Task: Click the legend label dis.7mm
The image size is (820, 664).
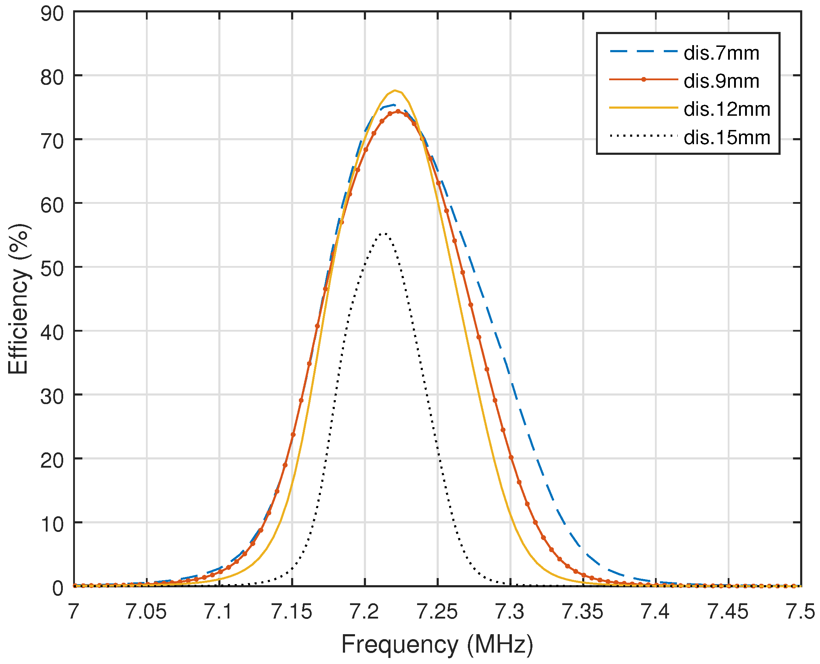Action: [721, 53]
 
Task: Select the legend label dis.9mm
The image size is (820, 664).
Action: [721, 81]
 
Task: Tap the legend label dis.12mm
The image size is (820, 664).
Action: [726, 110]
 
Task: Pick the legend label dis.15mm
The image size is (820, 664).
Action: [726, 138]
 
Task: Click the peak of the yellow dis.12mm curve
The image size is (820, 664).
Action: [395, 91]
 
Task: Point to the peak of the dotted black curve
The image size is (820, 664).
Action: [384, 233]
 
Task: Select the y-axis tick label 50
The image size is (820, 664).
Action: [53, 269]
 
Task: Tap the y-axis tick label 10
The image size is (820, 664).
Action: [53, 524]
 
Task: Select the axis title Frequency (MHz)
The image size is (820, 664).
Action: [437, 645]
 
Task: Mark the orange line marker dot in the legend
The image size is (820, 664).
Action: [643, 80]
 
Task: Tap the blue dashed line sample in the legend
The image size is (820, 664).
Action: [643, 51]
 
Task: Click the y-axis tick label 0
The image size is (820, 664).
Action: [58, 588]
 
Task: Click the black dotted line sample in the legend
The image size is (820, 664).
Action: [643, 136]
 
